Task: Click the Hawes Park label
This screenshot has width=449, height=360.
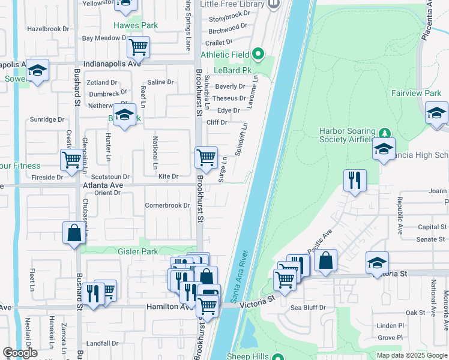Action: click(136, 26)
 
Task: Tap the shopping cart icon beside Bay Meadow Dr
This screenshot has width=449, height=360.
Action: click(138, 46)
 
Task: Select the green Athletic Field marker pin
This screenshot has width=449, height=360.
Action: click(258, 54)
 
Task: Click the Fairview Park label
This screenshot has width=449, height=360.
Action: click(416, 93)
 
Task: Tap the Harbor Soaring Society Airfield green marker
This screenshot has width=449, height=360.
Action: click(385, 133)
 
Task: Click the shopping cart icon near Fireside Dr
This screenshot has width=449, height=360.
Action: click(71, 160)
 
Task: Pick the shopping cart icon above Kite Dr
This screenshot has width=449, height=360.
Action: click(206, 157)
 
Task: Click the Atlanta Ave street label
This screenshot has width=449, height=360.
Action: click(103, 186)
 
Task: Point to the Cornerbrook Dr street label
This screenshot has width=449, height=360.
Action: click(167, 205)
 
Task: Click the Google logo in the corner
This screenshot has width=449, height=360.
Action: click(20, 353)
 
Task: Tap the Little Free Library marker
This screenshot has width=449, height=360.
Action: click(274, 4)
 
